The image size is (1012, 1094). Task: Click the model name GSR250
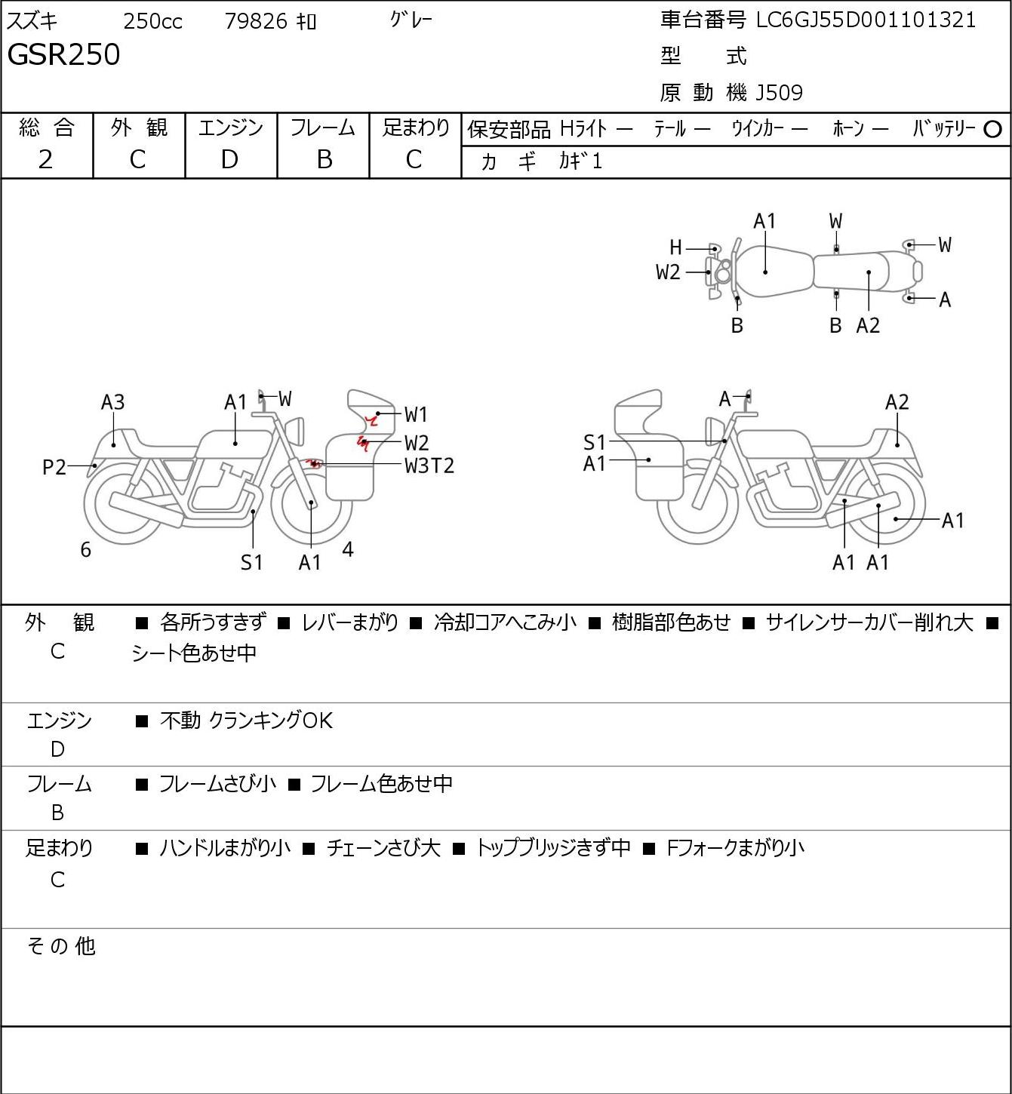point(63,54)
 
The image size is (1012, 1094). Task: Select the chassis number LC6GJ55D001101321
point(866,20)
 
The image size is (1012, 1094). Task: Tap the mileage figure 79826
point(256,21)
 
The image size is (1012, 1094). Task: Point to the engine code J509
point(779,93)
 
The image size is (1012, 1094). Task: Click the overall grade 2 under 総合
point(46,160)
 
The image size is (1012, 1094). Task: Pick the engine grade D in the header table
point(230,160)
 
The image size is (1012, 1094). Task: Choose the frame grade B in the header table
point(324,160)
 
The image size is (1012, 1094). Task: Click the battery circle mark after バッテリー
point(992,130)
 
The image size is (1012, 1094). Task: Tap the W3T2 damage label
point(429,466)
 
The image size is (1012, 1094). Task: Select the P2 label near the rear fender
point(54,468)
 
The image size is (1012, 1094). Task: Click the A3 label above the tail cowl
point(113,402)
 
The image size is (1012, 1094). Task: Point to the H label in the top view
point(675,247)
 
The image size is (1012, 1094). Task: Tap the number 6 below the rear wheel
point(85,549)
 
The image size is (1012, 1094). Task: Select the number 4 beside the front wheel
point(347,549)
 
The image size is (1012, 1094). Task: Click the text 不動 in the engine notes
point(180,721)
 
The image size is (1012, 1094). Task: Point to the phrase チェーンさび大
point(383,848)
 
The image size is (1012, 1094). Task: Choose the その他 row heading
point(61,946)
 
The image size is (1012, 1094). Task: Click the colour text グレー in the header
point(411,20)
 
